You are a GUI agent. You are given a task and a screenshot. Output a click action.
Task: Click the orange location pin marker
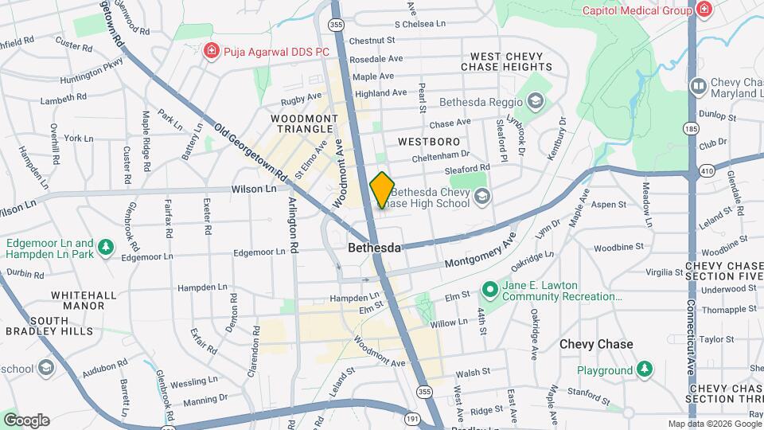click(382, 190)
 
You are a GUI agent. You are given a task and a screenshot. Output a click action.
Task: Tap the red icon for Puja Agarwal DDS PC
click(211, 52)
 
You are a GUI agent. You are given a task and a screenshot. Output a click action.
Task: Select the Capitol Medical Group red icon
click(704, 10)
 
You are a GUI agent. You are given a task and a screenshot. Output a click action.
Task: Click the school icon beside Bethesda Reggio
click(536, 100)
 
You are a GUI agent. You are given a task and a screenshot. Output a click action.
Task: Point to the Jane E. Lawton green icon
click(491, 291)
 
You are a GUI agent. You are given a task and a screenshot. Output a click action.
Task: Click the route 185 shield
click(690, 129)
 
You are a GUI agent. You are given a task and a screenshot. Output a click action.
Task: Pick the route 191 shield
click(411, 418)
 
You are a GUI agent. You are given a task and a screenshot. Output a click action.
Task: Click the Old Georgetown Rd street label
click(249, 148)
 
